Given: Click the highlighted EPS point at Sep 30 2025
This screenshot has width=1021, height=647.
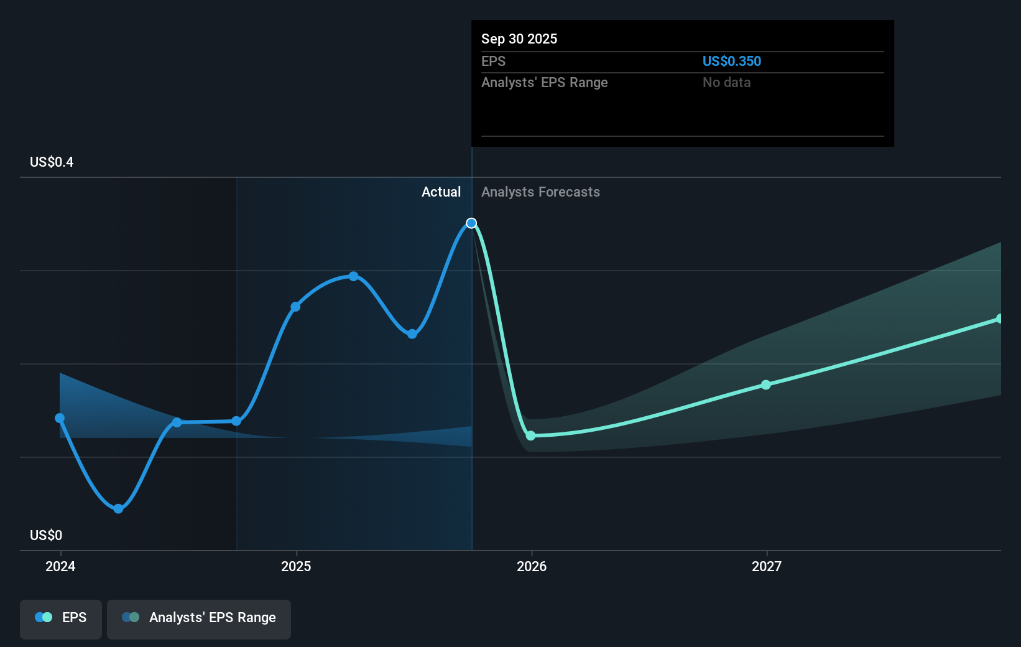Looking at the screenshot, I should [x=471, y=223].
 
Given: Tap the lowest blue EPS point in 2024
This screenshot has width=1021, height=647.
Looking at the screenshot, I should [x=118, y=509].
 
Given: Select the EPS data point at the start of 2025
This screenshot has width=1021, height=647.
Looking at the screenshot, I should [x=295, y=307].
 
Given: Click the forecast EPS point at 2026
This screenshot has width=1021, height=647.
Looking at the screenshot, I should [x=530, y=435].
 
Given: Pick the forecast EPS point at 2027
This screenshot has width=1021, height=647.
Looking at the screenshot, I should [x=766, y=385].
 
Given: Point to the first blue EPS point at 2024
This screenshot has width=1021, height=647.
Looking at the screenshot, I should [x=60, y=418].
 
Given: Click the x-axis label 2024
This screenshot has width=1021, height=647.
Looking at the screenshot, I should [x=60, y=566].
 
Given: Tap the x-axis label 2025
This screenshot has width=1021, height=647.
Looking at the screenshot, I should [x=296, y=566].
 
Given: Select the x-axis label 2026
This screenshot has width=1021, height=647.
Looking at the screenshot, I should [x=532, y=566].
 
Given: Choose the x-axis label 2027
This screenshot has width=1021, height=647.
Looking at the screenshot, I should [x=767, y=566].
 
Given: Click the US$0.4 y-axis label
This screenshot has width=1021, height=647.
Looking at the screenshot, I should [x=52, y=162].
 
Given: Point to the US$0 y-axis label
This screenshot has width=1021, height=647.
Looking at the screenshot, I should [x=46, y=535].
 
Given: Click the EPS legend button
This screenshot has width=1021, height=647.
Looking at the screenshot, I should [x=61, y=618].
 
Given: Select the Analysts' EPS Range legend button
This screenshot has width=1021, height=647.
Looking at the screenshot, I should [x=199, y=618].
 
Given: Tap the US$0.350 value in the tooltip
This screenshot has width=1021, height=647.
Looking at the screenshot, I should [x=731, y=61].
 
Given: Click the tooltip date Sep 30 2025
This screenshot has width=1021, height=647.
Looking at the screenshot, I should [x=519, y=39].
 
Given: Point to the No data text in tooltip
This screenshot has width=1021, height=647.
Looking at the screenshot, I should [x=726, y=82].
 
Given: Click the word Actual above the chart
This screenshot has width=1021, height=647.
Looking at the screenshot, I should [x=441, y=192].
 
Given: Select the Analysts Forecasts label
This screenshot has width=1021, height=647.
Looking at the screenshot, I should [x=540, y=192].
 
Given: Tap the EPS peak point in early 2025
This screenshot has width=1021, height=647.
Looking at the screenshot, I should [x=353, y=276].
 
